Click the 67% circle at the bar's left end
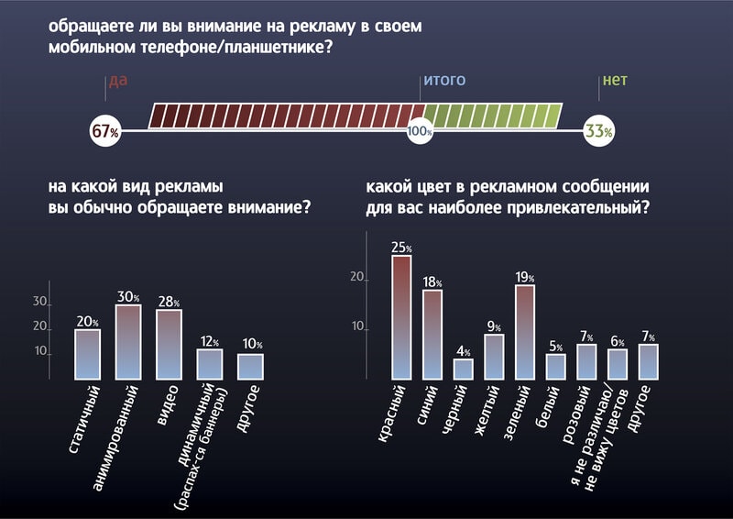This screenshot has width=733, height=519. point(104,131)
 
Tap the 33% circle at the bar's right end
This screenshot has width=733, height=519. point(598,131)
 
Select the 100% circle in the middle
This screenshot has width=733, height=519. point(420,132)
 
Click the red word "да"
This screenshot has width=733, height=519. point(117,81)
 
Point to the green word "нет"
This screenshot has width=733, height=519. point(614,81)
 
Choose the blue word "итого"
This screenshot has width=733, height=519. point(443,81)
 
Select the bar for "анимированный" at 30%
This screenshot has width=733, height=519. point(128,341)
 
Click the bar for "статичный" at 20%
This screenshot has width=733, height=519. point(87,354)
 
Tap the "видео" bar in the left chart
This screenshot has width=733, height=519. point(169,344)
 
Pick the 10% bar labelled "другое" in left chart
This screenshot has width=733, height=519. point(250,366)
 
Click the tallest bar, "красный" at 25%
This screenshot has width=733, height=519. point(401,316)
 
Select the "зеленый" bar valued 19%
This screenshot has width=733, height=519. point(525,331)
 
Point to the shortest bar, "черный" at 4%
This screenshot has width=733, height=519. point(464,369)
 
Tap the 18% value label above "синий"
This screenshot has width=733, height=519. point(432,282)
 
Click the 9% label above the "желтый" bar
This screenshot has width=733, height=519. point(494,326)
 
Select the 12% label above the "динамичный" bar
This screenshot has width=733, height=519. point(211,341)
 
